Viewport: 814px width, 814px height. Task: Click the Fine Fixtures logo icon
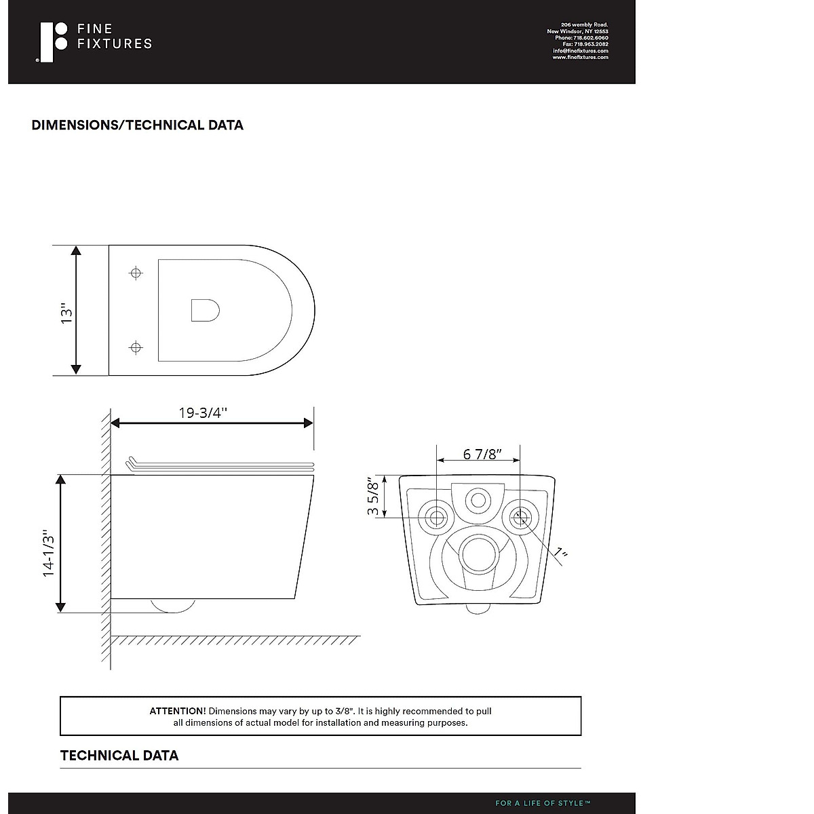pyautogui.click(x=52, y=42)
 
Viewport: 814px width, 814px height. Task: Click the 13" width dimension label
pyautogui.click(x=66, y=313)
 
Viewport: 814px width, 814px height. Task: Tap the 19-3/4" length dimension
pyautogui.click(x=203, y=412)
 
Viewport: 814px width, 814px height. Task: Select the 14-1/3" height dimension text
pyautogui.click(x=49, y=552)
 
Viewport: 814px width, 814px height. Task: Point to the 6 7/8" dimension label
pyautogui.click(x=482, y=454)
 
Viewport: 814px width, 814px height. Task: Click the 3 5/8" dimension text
pyautogui.click(x=373, y=496)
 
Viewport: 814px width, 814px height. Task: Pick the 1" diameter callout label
pyautogui.click(x=560, y=551)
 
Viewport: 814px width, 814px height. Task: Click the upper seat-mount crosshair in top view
pyautogui.click(x=136, y=273)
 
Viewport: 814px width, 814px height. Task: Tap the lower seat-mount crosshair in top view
pyautogui.click(x=136, y=348)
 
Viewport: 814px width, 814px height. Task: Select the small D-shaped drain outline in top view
pyautogui.click(x=206, y=311)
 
